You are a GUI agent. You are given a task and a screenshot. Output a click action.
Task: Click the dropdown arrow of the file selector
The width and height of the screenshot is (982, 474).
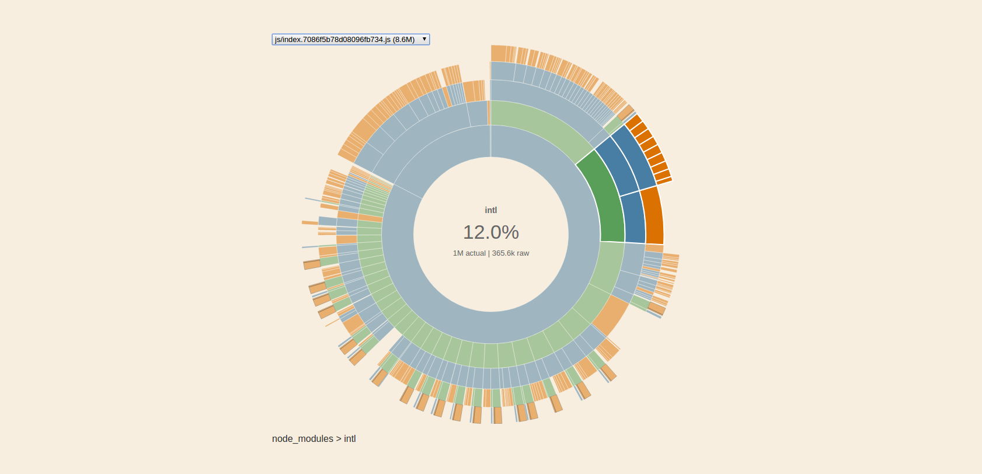point(424,39)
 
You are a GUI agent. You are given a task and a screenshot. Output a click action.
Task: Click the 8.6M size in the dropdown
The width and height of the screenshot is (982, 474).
point(403,40)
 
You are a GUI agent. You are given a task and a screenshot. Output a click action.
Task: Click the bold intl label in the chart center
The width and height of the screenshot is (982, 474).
point(491,210)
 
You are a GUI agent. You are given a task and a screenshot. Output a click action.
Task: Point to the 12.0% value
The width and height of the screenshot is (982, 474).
point(491,232)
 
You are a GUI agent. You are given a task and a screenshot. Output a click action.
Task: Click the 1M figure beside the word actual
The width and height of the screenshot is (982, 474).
point(458,253)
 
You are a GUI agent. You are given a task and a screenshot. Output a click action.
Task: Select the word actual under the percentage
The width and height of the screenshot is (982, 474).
point(475,253)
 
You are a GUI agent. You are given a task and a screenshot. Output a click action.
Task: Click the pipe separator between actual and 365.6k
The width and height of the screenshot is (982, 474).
point(489,253)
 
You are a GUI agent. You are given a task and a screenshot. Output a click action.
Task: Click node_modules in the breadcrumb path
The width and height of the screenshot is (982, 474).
point(302,439)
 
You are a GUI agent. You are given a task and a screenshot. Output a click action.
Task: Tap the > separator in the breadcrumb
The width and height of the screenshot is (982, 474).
point(339,439)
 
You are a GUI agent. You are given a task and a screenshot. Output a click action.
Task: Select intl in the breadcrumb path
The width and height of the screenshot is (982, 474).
point(350,439)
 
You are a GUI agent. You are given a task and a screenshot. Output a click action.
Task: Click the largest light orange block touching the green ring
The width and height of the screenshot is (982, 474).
point(610,315)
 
